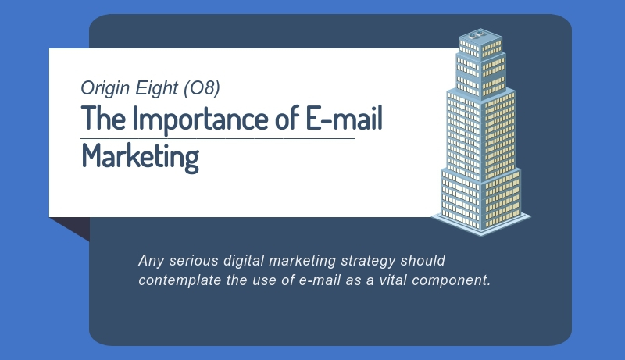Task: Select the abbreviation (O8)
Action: (x=202, y=88)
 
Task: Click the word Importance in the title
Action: (x=200, y=118)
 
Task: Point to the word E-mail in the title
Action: (x=344, y=117)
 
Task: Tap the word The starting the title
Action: (x=103, y=117)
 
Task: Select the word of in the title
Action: (x=287, y=117)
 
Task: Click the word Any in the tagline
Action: (x=151, y=262)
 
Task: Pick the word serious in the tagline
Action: (x=194, y=261)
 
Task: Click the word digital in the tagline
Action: (x=244, y=262)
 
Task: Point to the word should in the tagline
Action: (x=423, y=261)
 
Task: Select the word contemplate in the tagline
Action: (x=180, y=280)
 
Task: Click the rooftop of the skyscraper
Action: (x=480, y=35)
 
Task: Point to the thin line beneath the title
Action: (x=218, y=138)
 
